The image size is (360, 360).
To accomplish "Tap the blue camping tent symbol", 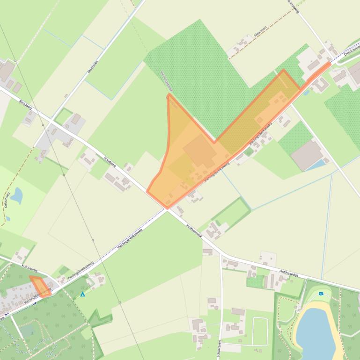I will tap(83, 295).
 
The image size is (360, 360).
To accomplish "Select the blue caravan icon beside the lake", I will tap(321, 294).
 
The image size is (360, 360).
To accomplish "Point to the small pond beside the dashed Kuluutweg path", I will tap(17, 195).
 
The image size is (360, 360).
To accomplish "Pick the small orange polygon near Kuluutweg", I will tap(40, 286).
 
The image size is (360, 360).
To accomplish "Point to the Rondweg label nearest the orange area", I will tap(110, 161).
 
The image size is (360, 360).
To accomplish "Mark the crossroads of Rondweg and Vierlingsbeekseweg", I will tap(167, 209).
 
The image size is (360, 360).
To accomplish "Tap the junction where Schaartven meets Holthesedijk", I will tap(221, 255).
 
